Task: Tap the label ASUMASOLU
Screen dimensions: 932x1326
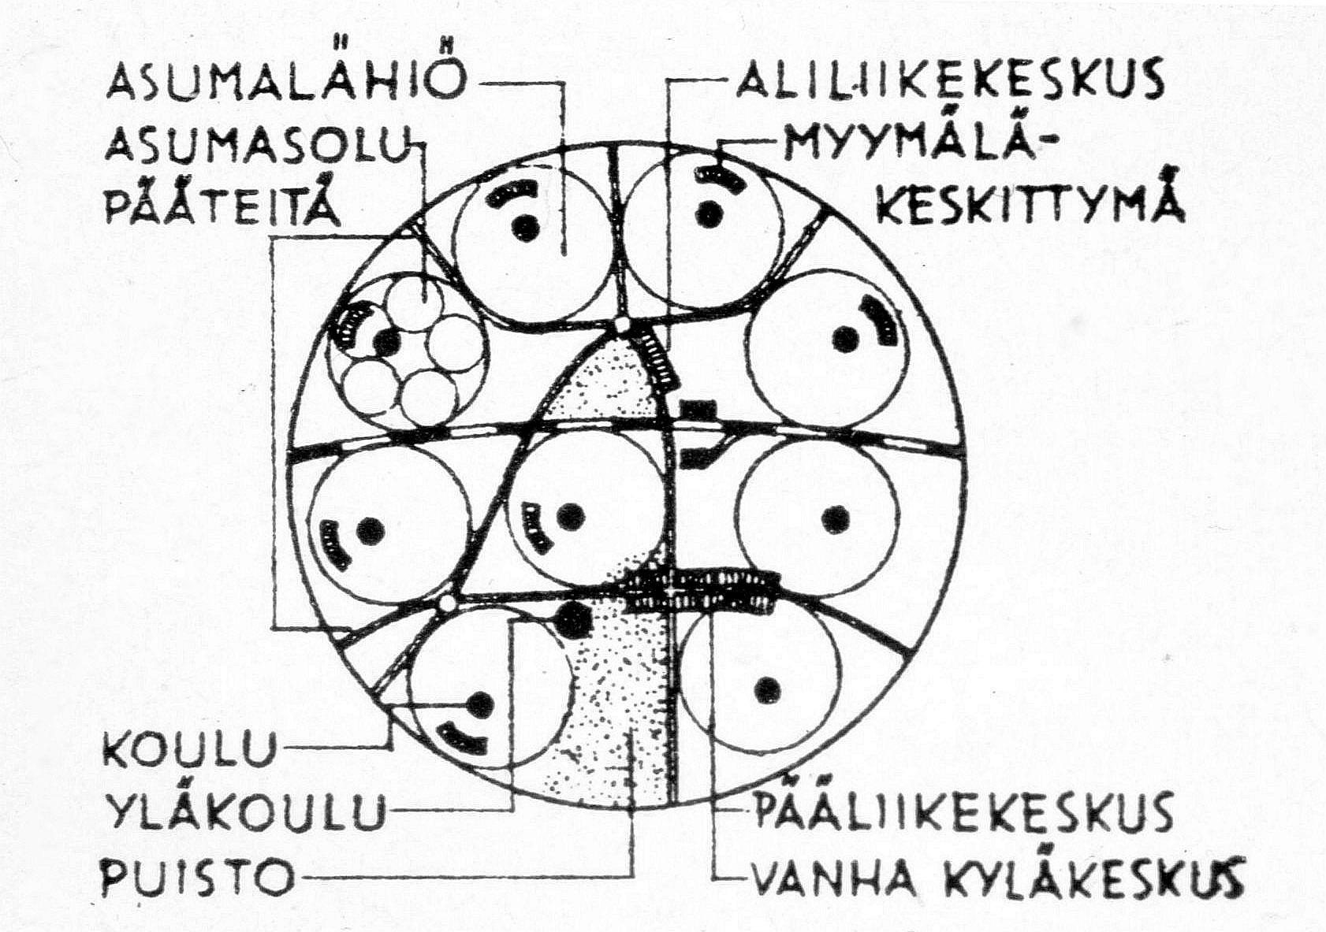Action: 256,146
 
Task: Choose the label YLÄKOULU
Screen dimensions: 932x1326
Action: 245,811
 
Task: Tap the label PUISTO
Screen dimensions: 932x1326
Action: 198,874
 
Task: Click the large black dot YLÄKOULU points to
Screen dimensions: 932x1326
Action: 574,619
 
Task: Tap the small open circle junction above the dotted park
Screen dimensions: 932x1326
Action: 622,325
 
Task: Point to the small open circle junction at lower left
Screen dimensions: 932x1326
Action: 447,603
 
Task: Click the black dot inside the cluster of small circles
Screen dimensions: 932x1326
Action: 386,343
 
